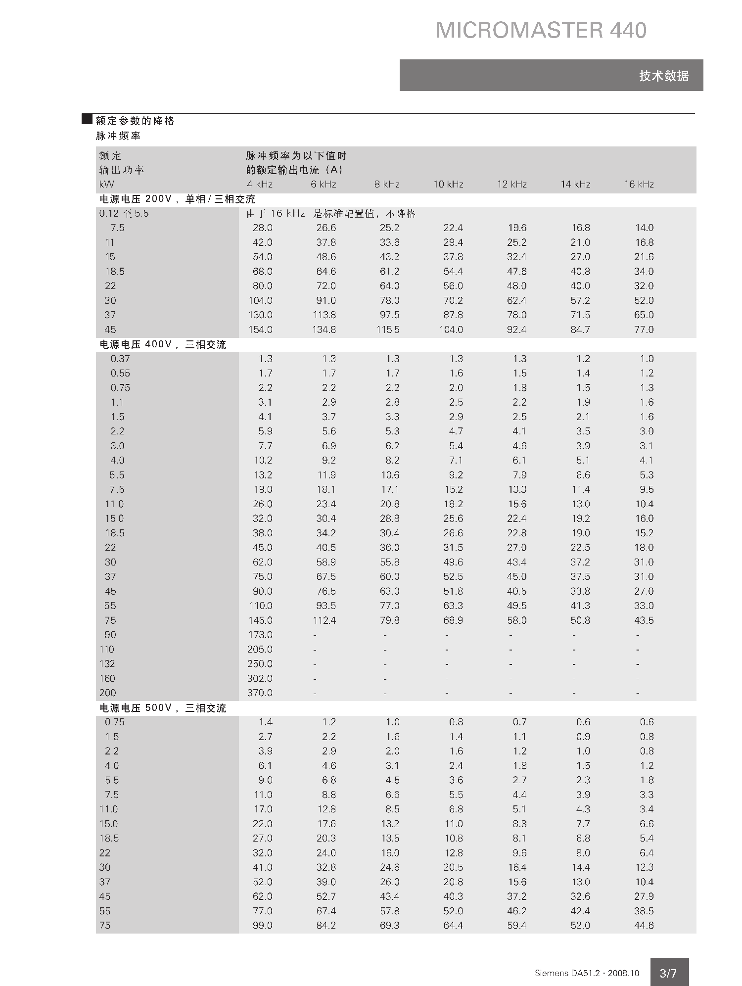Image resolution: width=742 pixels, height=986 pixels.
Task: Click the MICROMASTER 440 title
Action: pos(541,31)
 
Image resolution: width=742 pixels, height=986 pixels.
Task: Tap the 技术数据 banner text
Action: pos(663,76)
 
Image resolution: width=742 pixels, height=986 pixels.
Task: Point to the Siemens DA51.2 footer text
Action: pos(587,973)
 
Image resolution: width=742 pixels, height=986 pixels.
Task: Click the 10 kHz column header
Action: pos(448,185)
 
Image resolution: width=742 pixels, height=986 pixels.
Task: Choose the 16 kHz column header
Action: pos(639,185)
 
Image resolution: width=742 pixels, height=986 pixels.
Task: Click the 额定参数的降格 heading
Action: pos(135,121)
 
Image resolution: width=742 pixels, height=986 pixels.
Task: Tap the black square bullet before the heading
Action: pos(87,119)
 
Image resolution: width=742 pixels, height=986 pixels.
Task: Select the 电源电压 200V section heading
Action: pos(177,199)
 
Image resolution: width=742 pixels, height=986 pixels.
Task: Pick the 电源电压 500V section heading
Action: pos(163,708)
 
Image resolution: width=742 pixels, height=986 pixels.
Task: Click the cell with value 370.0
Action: pos(260,693)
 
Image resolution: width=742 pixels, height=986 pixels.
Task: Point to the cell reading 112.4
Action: pos(324,620)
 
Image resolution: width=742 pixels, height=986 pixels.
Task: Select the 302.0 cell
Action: pos(260,678)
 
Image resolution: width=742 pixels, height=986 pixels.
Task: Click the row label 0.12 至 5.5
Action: pos(124,214)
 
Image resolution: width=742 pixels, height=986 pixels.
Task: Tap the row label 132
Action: pos(107,664)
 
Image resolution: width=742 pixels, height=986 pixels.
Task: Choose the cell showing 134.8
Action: pos(324,329)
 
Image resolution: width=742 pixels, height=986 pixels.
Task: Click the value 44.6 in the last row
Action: pos(644,926)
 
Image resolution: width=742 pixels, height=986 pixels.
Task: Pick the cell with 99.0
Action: pos(262,926)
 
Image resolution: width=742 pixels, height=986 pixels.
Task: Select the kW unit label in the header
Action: pos(106,185)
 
